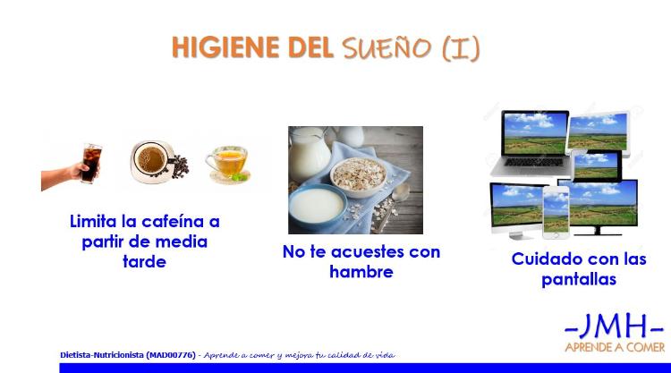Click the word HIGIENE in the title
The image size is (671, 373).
225,47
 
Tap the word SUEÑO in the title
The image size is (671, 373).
386,47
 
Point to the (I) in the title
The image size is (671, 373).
461,48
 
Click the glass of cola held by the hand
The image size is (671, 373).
91,163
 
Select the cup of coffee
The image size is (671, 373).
151,162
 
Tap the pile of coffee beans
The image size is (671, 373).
180,166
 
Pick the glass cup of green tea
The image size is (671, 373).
227,163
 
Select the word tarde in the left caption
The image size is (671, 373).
144,261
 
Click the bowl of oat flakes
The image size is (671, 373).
359,176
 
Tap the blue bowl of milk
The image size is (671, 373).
317,206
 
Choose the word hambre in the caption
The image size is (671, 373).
361,272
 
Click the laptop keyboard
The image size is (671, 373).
534,162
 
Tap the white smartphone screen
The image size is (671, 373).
556,211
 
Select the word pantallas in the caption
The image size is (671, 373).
579,280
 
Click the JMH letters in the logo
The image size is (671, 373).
614,327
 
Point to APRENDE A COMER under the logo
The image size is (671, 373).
616,347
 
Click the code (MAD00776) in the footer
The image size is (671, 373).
171,355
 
